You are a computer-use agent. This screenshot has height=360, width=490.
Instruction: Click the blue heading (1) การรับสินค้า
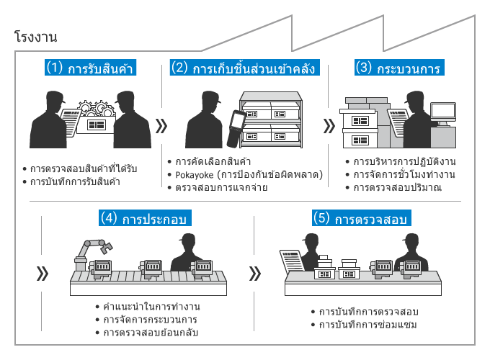[91, 69]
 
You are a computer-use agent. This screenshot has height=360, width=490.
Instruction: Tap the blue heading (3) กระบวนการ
[397, 69]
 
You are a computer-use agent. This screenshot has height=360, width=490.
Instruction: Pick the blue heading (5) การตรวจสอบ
[360, 217]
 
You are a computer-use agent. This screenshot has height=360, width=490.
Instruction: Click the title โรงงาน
[35, 36]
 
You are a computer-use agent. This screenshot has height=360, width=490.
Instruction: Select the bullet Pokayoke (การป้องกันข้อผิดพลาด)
[249, 174]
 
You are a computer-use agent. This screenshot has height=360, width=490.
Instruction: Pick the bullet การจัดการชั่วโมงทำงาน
[404, 174]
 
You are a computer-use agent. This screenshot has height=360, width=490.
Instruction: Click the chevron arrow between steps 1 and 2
[161, 126]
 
